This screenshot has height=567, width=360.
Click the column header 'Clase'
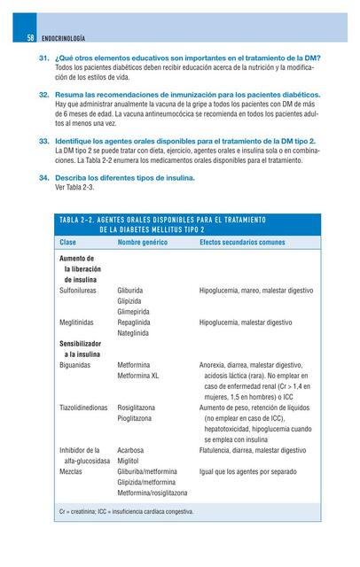point(68,241)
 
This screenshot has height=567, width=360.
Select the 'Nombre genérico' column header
point(144,241)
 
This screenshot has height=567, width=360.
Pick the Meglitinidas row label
point(80,322)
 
